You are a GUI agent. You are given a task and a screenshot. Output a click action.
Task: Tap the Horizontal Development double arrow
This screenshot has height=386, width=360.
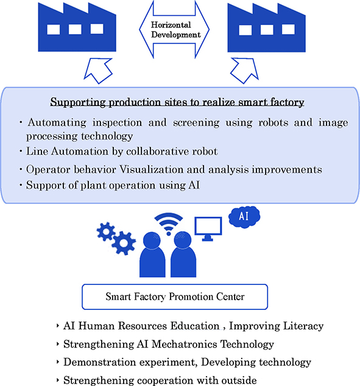coord(174,30)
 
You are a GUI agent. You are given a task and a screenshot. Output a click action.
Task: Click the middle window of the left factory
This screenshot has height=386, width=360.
coord(75,29)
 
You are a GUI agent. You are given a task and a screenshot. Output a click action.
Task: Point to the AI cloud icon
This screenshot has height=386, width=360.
coord(244,217)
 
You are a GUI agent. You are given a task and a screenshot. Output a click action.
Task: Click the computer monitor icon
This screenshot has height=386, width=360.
coord(208,228)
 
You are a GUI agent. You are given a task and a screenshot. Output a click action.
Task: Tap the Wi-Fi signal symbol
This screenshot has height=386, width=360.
coord(169,224)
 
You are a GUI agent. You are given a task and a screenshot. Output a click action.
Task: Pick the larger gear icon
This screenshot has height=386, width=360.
coord(124,243)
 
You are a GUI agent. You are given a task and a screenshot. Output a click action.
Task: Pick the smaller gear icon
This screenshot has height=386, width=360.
coord(106,231)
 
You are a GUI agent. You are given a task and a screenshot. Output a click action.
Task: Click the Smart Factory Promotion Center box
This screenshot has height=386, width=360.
coord(175,297)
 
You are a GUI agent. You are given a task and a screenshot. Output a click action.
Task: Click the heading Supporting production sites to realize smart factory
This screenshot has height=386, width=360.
coord(177,102)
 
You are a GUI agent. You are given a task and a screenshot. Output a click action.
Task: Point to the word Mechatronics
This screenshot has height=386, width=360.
coord(185,344)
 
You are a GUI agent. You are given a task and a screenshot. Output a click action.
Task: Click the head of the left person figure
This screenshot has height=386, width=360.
coord(152,240)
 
